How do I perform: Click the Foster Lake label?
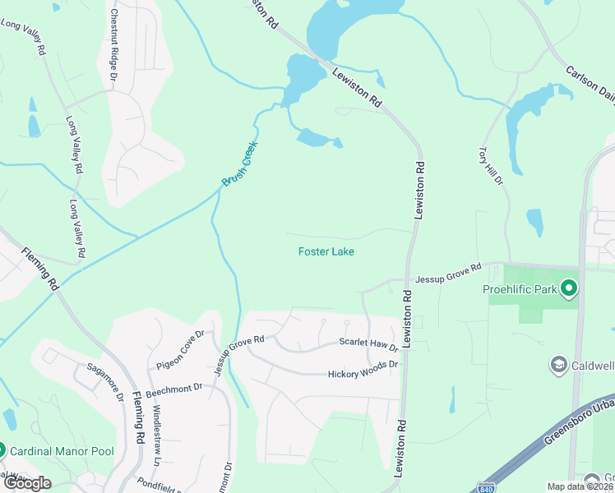click(x=326, y=251)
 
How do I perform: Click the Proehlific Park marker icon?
click(x=568, y=288)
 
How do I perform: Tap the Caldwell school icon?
click(x=558, y=364)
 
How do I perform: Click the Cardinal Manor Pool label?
click(x=62, y=450)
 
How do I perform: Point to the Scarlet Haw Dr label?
click(x=369, y=344)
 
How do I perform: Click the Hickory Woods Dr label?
click(x=363, y=368)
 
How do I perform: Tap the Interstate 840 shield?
click(x=487, y=486)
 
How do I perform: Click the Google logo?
click(x=28, y=482)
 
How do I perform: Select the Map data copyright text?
click(x=580, y=486)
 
